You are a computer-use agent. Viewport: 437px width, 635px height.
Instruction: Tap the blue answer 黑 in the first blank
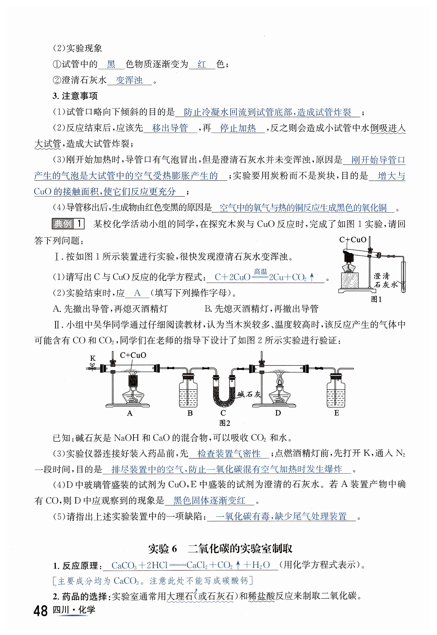pyautogui.click(x=111, y=64)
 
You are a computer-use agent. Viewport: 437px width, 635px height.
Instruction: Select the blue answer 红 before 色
pyautogui.click(x=202, y=64)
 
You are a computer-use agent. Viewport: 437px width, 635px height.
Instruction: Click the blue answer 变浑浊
pyautogui.click(x=129, y=80)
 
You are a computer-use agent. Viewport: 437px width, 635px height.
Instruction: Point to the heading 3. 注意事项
pyautogui.click(x=75, y=96)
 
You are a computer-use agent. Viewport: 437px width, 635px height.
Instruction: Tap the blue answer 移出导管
pyautogui.click(x=170, y=128)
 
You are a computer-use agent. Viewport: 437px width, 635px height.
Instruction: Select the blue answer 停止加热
pyautogui.click(x=238, y=128)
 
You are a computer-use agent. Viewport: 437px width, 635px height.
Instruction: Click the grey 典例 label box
pyautogui.click(x=63, y=224)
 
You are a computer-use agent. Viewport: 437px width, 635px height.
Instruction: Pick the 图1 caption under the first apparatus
pyautogui.click(x=376, y=299)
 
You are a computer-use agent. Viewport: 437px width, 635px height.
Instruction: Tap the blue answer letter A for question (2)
pyautogui.click(x=137, y=293)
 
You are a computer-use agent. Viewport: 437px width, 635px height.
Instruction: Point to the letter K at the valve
pyautogui.click(x=93, y=358)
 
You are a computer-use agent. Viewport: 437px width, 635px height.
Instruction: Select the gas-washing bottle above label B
pyautogui.click(x=188, y=390)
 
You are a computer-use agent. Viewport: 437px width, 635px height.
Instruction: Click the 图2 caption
pyautogui.click(x=225, y=423)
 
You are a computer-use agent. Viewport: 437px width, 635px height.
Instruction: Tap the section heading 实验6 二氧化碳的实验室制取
pyautogui.click(x=220, y=549)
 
